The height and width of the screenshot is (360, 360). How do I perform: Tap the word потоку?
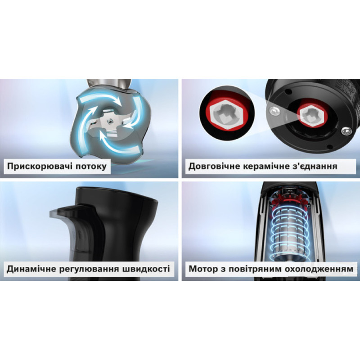[91, 166]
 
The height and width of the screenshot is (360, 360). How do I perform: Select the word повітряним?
[253, 269]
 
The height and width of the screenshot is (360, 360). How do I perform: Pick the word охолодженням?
[319, 269]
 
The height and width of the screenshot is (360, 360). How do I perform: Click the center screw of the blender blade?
[110, 121]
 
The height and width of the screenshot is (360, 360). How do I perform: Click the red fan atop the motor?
[291, 197]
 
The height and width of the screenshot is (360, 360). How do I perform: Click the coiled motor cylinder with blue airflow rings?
[289, 232]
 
